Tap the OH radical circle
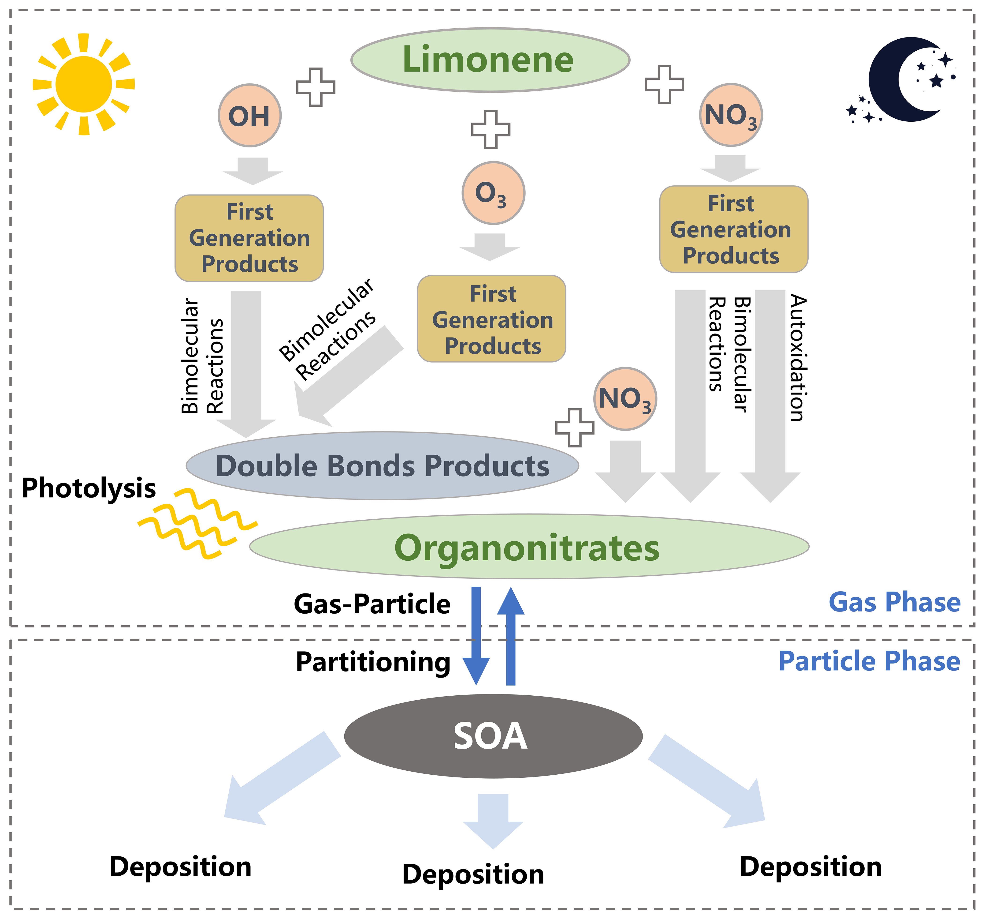[250, 116]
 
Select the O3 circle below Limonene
[493, 193]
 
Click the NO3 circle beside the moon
[731, 115]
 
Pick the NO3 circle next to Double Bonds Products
[625, 398]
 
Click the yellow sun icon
[84, 84]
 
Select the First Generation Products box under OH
[249, 238]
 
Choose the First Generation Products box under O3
[491, 319]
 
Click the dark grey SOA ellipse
[493, 735]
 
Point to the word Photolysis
[89, 488]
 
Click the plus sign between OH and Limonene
[316, 87]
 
